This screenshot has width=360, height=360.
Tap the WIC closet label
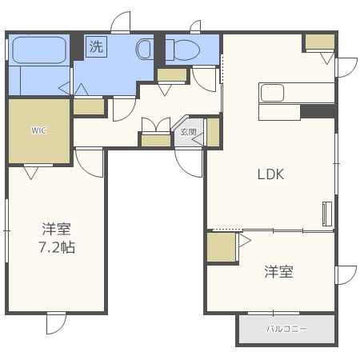[38, 130]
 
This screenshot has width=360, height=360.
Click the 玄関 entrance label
[187, 132]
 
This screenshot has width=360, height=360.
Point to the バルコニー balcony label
[286, 329]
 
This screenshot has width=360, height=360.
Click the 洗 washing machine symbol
[96, 46]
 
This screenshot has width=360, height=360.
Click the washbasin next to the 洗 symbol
[145, 49]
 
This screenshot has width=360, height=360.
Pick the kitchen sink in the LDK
[272, 93]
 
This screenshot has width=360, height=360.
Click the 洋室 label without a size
[278, 272]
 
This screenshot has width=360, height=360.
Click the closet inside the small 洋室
[222, 247]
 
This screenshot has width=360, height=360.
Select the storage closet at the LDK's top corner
[318, 42]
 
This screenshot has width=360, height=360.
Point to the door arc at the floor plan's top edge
[121, 22]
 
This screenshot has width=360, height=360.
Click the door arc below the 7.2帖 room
[57, 323]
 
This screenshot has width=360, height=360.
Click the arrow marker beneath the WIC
[32, 170]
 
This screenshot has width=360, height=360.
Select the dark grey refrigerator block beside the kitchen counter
[317, 111]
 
